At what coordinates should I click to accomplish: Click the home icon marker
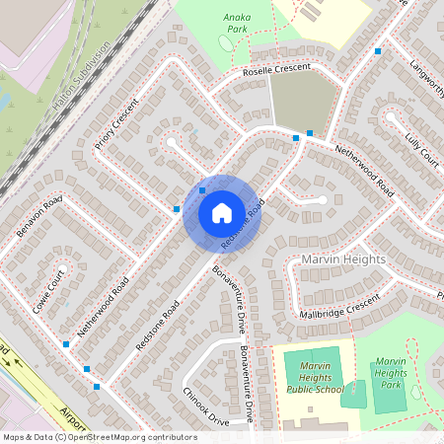pyautogui.click(x=222, y=213)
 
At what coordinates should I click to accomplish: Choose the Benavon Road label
pyautogui.click(x=39, y=218)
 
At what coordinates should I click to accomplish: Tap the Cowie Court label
pyautogui.click(x=47, y=289)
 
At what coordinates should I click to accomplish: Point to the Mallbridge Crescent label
pyautogui.click(x=339, y=307)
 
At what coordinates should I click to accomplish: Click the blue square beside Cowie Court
pyautogui.click(x=66, y=344)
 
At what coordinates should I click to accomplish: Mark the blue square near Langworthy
pyautogui.click(x=378, y=50)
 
